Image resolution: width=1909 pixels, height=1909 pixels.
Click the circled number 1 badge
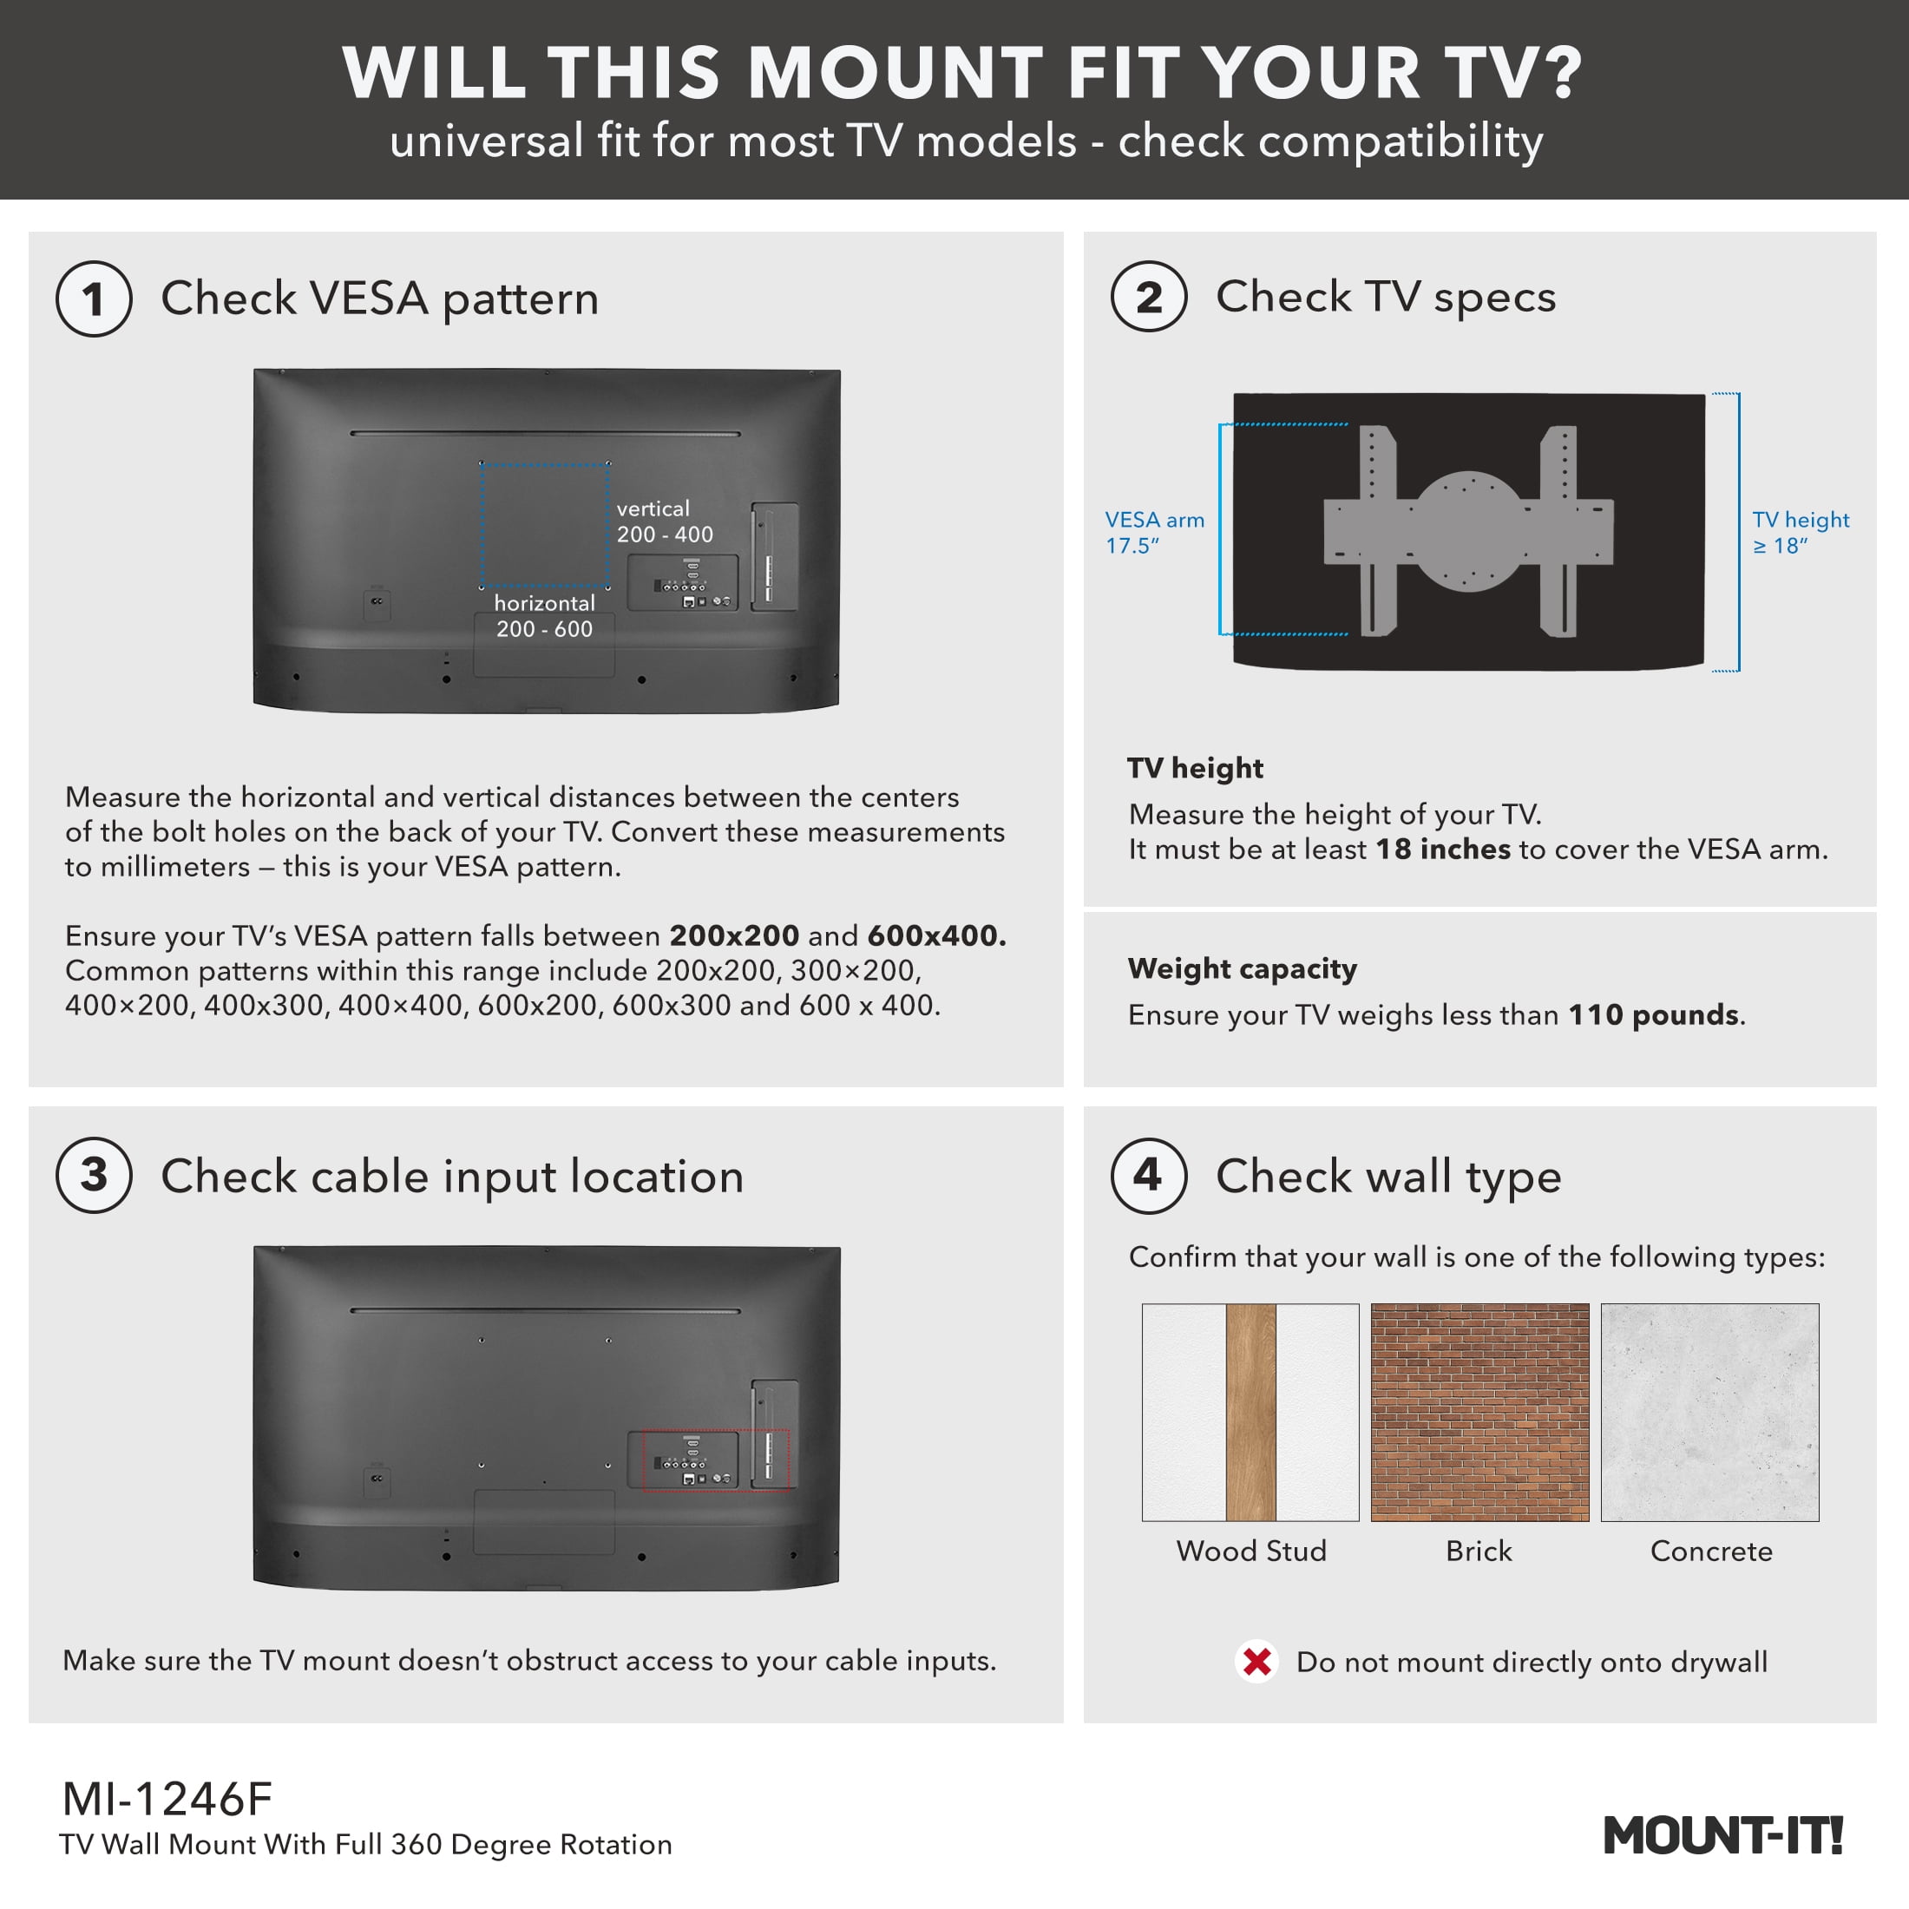pos(94,298)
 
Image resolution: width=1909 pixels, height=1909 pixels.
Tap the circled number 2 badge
pos(1148,297)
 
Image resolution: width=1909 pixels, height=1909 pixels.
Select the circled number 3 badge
pos(94,1175)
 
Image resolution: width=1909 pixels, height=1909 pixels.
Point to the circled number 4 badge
pos(1148,1175)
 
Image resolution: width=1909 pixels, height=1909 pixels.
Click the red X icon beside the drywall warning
pos(1256,1662)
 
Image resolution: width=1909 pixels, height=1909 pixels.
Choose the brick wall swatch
pos(1480,1412)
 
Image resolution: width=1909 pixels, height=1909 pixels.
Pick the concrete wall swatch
pos(1709,1412)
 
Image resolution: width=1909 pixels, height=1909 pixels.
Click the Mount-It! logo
pos(1723,1835)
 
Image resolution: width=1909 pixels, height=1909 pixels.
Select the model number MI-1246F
pos(167,1800)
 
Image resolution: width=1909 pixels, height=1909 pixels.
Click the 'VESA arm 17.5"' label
pos(1154,533)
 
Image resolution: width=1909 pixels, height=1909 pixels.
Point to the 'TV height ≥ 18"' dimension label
pos(1801,533)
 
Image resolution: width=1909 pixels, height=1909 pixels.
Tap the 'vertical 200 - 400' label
pos(665,522)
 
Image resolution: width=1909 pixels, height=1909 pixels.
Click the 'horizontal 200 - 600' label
pos(544,615)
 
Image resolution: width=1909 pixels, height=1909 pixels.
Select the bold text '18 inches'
pos(1444,849)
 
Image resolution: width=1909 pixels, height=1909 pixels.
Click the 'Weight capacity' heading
pos(1242,968)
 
